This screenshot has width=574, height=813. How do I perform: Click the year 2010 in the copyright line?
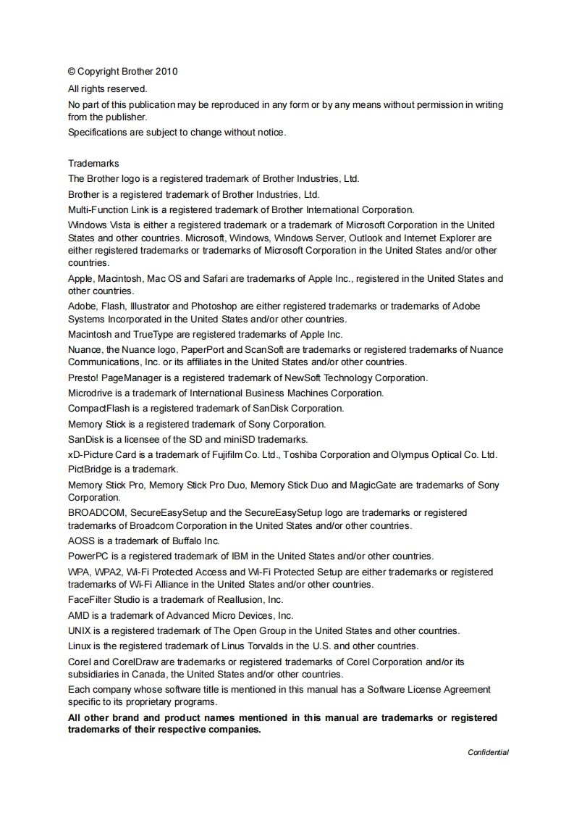click(x=166, y=71)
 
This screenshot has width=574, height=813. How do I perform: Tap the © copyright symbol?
click(x=72, y=71)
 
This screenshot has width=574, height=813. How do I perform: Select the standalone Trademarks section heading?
click(x=93, y=163)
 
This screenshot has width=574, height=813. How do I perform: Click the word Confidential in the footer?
click(x=488, y=752)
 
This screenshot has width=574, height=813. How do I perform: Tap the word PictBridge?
click(x=90, y=470)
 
